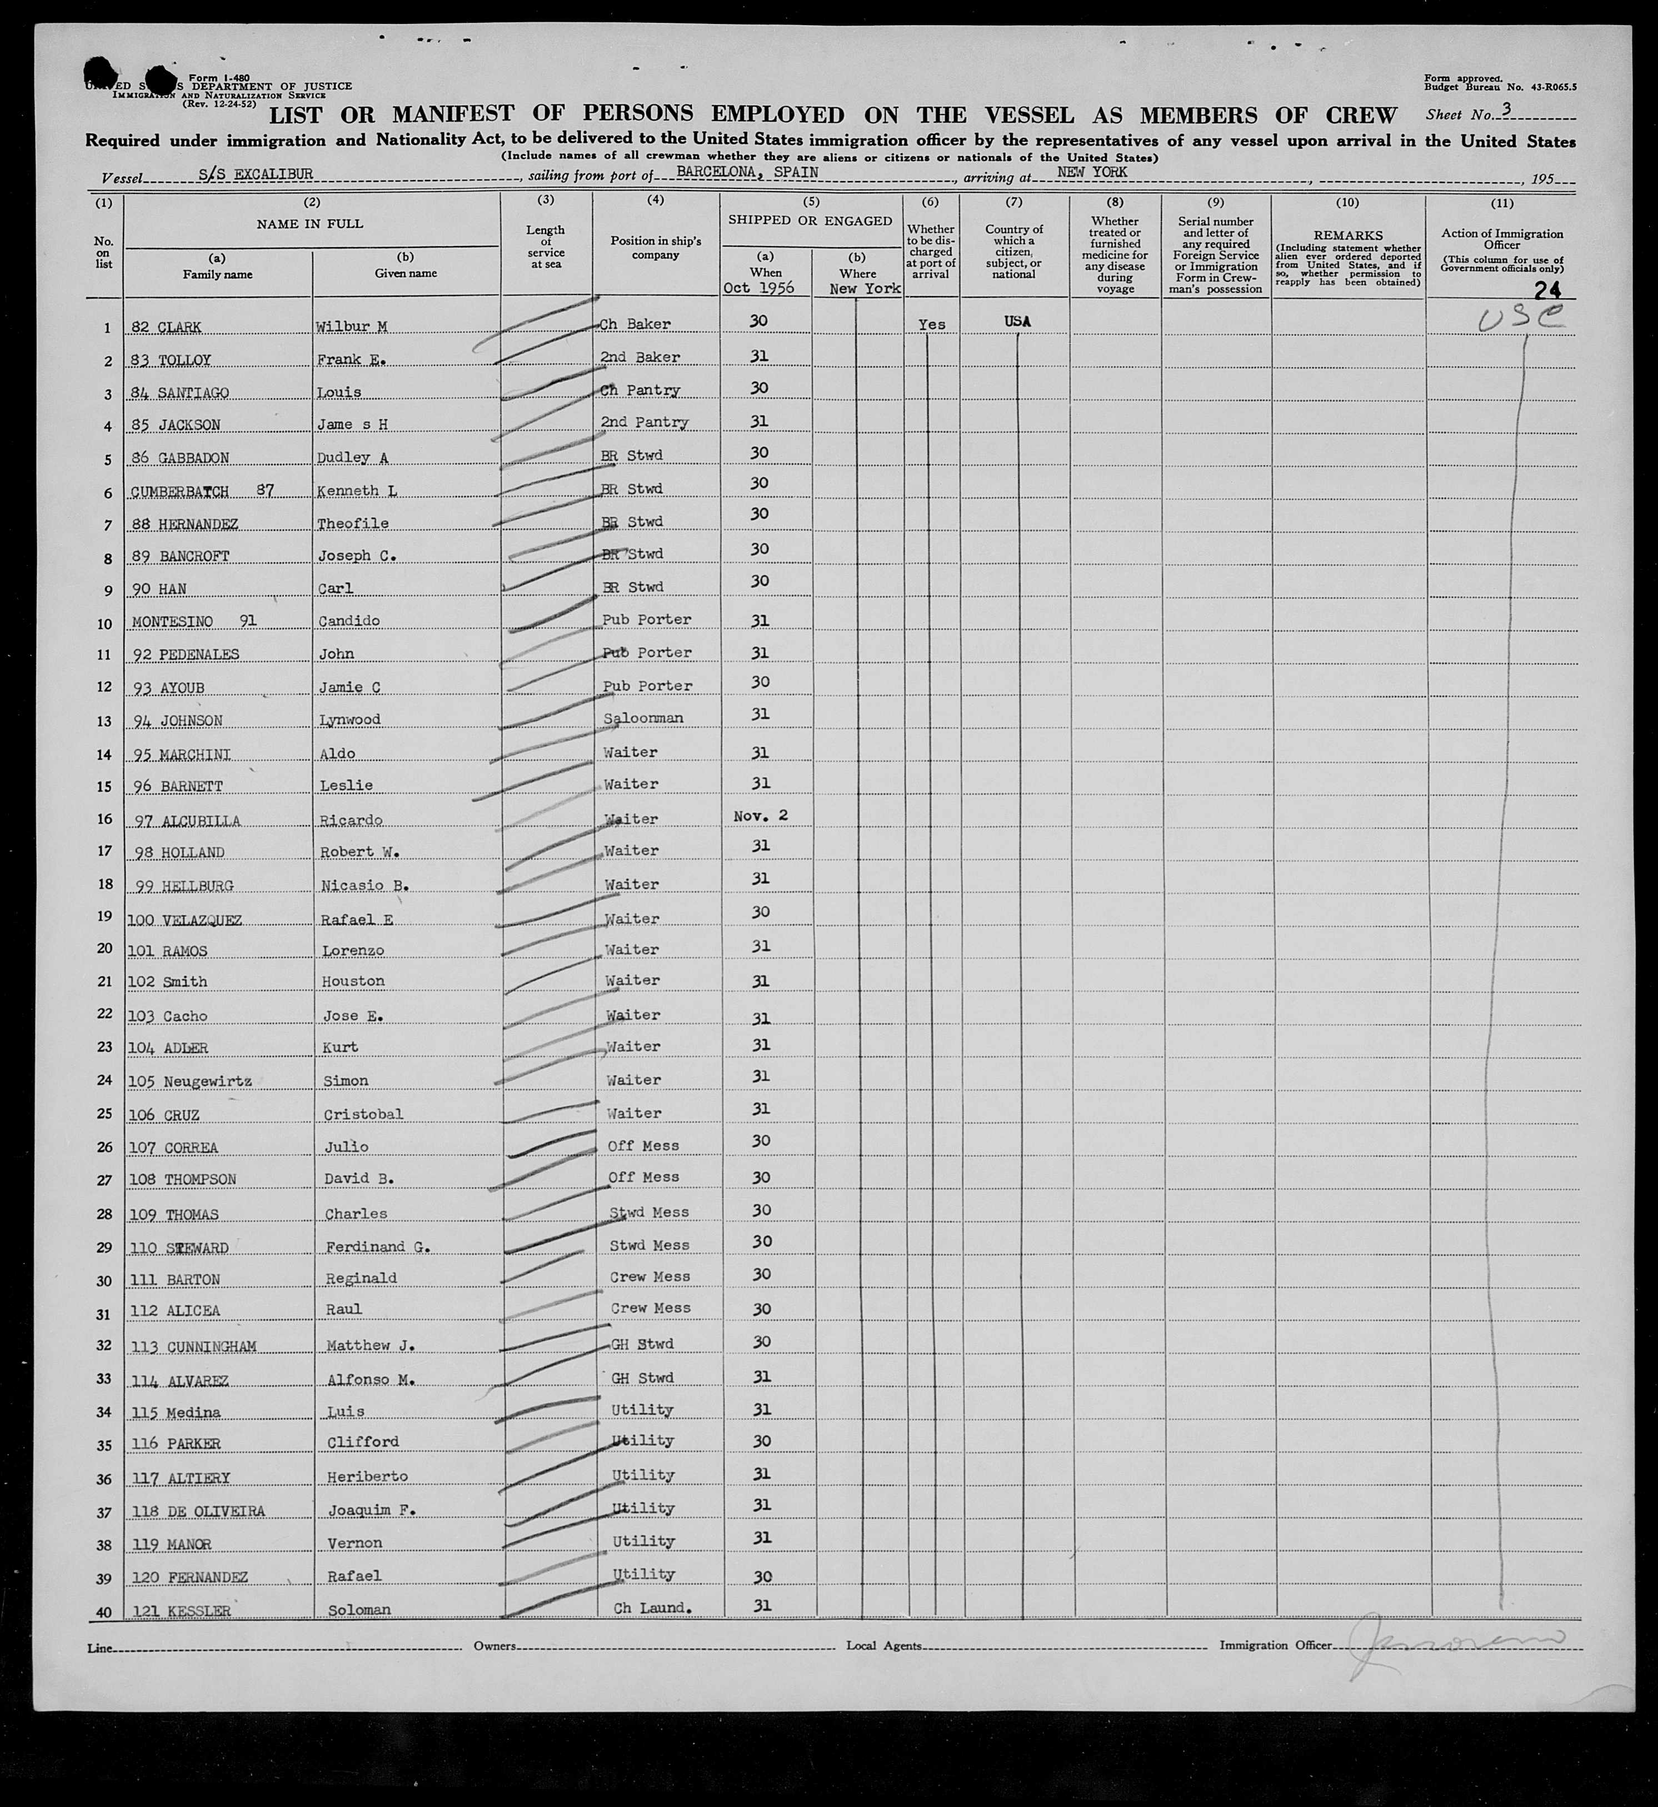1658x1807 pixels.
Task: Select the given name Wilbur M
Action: click(351, 327)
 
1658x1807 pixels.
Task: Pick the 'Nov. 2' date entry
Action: click(760, 816)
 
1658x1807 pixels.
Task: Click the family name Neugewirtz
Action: click(207, 1082)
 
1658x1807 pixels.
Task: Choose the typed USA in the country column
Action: click(1017, 321)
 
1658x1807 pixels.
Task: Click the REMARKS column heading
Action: click(1347, 235)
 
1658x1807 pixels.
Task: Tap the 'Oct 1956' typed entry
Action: click(759, 288)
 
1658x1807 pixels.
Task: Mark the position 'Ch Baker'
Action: click(635, 324)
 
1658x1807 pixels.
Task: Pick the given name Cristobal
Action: click(362, 1114)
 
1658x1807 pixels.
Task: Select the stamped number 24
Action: click(1547, 290)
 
